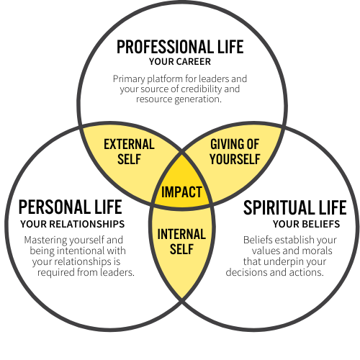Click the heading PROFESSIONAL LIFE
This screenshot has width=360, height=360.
pyautogui.click(x=180, y=47)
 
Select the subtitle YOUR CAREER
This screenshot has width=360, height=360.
pyautogui.click(x=180, y=62)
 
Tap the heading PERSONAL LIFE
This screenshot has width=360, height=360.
pyautogui.click(x=71, y=207)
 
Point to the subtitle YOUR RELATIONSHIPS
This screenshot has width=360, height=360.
pyautogui.click(x=73, y=224)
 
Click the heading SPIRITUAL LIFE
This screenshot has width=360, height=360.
pyautogui.click(x=295, y=207)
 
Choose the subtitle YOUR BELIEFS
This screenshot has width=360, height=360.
pyautogui.click(x=306, y=224)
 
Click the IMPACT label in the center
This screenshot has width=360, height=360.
pyautogui.click(x=181, y=192)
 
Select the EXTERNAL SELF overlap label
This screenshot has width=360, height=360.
pyautogui.click(x=129, y=152)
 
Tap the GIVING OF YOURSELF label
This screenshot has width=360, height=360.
pyautogui.click(x=235, y=152)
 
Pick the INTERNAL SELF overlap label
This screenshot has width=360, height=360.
pyautogui.click(x=181, y=241)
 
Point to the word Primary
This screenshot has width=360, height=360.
pyautogui.click(x=129, y=79)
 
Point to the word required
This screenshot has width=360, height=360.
pyautogui.click(x=55, y=273)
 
